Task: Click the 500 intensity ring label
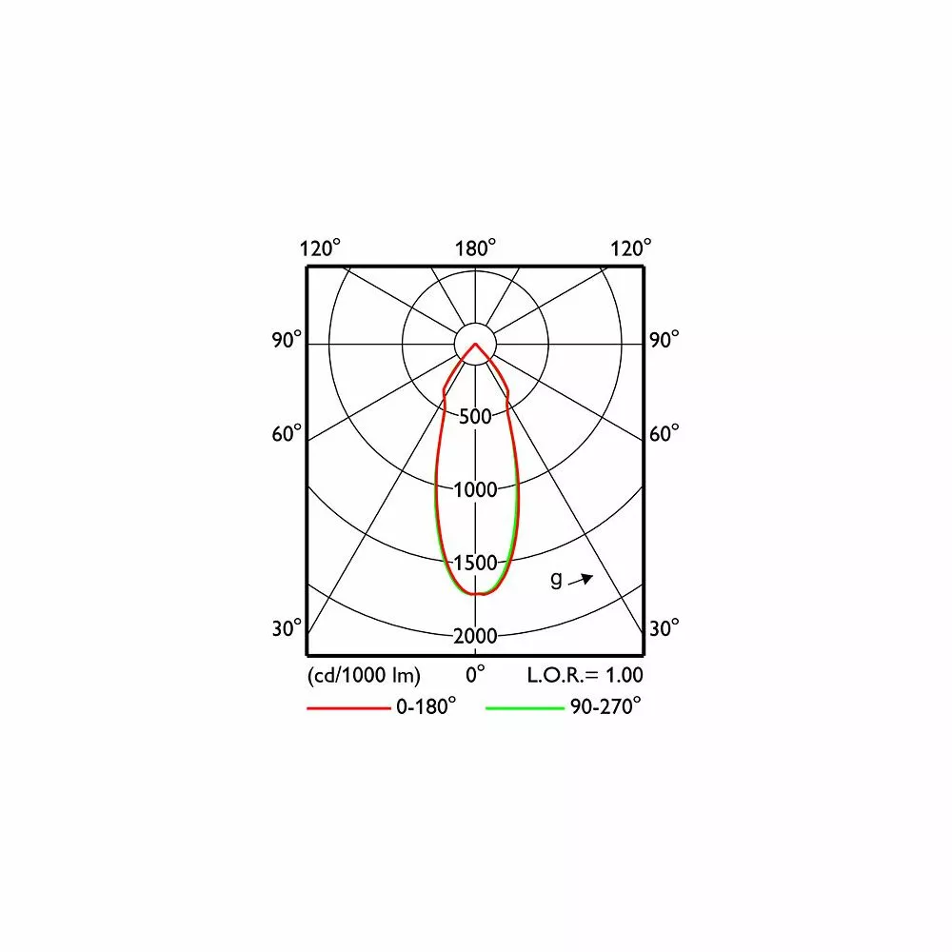(x=475, y=417)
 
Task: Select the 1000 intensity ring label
(x=475, y=489)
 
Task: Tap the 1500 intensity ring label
(x=475, y=563)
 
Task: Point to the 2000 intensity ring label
(x=475, y=636)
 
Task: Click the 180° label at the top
(x=475, y=248)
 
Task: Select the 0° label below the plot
(x=475, y=674)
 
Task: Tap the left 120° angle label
(x=320, y=248)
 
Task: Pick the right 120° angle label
(x=631, y=248)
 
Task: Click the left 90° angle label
(x=287, y=340)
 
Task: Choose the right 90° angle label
(x=664, y=340)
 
